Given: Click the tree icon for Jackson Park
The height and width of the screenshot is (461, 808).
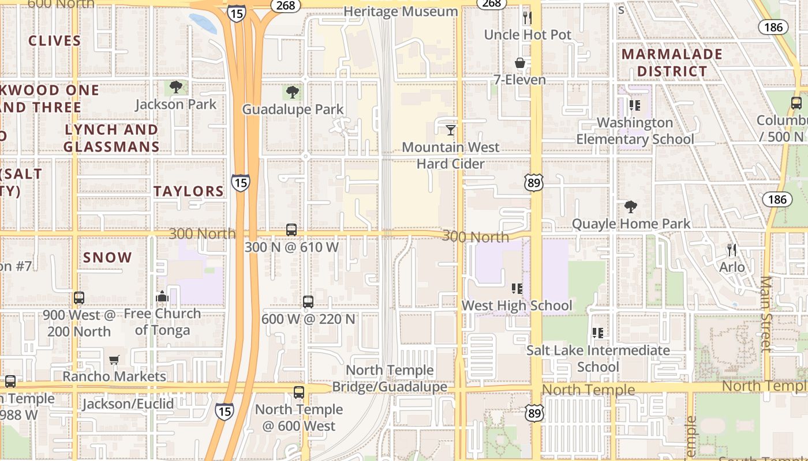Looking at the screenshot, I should pyautogui.click(x=176, y=88).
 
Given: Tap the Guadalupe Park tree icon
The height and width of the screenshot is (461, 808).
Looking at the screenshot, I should pyautogui.click(x=293, y=92).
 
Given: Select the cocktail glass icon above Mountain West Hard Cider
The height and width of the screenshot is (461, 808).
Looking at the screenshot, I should pyautogui.click(x=451, y=130).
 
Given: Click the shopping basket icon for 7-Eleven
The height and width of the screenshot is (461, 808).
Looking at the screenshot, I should pyautogui.click(x=520, y=63).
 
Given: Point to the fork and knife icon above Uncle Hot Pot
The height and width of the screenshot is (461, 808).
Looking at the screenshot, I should pyautogui.click(x=527, y=18).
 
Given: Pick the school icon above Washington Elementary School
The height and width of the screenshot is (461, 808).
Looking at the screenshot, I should pyautogui.click(x=635, y=105).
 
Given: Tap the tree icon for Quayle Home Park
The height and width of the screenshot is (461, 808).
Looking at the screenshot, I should pyautogui.click(x=631, y=207).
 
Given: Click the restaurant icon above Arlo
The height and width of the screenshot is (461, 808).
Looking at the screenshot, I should pyautogui.click(x=732, y=250).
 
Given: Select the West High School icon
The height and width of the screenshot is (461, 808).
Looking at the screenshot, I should pyautogui.click(x=517, y=288).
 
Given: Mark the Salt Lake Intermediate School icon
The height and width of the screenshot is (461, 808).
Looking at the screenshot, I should pyautogui.click(x=598, y=333).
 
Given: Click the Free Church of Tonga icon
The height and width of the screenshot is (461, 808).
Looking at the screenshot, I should pyautogui.click(x=162, y=297).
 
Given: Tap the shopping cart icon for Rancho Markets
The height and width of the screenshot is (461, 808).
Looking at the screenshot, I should pyautogui.click(x=114, y=360).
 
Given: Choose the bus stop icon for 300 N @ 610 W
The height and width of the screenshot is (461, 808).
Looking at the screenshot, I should pyautogui.click(x=291, y=230).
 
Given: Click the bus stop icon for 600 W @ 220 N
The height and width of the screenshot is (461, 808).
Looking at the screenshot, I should pyautogui.click(x=308, y=302).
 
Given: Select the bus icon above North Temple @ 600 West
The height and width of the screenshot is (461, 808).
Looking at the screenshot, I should pyautogui.click(x=299, y=392).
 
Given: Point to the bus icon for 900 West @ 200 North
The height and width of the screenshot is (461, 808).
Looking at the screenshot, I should pyautogui.click(x=79, y=298).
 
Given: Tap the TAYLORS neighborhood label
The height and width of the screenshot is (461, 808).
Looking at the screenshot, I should pyautogui.click(x=189, y=191).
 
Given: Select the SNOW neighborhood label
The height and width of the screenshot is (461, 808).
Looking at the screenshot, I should pyautogui.click(x=107, y=258).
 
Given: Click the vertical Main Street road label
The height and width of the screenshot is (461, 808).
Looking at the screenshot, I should pyautogui.click(x=766, y=314).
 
